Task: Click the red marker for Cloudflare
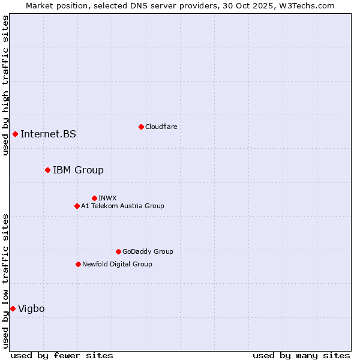(141, 127)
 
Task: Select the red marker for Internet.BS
(15, 134)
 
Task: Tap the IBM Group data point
(47, 170)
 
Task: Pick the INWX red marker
(94, 198)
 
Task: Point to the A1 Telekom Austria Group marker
(77, 206)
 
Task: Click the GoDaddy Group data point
(118, 251)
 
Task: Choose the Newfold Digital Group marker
(78, 264)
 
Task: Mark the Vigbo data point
(13, 308)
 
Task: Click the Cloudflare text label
(161, 127)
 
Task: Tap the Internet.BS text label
(48, 134)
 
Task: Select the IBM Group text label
(78, 170)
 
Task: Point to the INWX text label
(107, 198)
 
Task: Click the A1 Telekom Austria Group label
(122, 206)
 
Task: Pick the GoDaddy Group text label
(148, 251)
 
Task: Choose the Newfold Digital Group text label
(117, 264)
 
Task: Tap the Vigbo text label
(31, 308)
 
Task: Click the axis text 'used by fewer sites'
(62, 355)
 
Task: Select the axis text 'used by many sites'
(301, 355)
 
